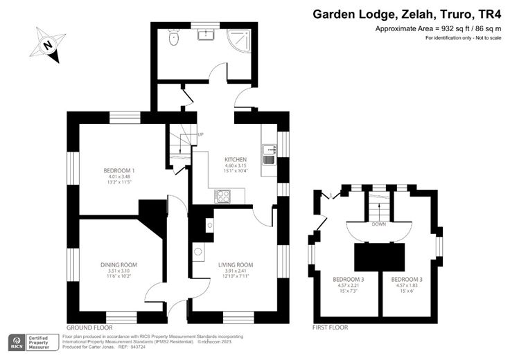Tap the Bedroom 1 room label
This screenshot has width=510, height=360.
pyautogui.click(x=119, y=170)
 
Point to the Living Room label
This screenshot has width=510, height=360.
pyautogui.click(x=236, y=264)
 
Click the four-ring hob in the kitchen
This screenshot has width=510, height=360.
pyautogui.click(x=223, y=196)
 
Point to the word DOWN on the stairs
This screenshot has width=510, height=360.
pyautogui.click(x=378, y=224)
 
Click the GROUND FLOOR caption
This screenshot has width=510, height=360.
pyautogui.click(x=89, y=327)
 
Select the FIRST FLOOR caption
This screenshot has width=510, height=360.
pyautogui.click(x=330, y=327)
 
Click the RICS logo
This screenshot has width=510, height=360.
pyautogui.click(x=17, y=342)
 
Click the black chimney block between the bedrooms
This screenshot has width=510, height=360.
pyautogui.click(x=378, y=257)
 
